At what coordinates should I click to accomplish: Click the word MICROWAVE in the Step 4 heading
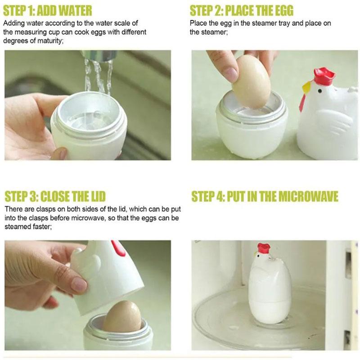[308, 196]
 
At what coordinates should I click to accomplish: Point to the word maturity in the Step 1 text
[49, 41]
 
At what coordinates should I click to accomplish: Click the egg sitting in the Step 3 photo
[121, 317]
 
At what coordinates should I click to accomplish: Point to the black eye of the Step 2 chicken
[319, 91]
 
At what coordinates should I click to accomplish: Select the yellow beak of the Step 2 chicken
[306, 88]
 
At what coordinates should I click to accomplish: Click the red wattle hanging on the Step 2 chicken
[302, 103]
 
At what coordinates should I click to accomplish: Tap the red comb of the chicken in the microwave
[264, 248]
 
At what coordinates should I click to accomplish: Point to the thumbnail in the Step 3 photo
[79, 285]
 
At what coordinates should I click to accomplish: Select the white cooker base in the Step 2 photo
[252, 131]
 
